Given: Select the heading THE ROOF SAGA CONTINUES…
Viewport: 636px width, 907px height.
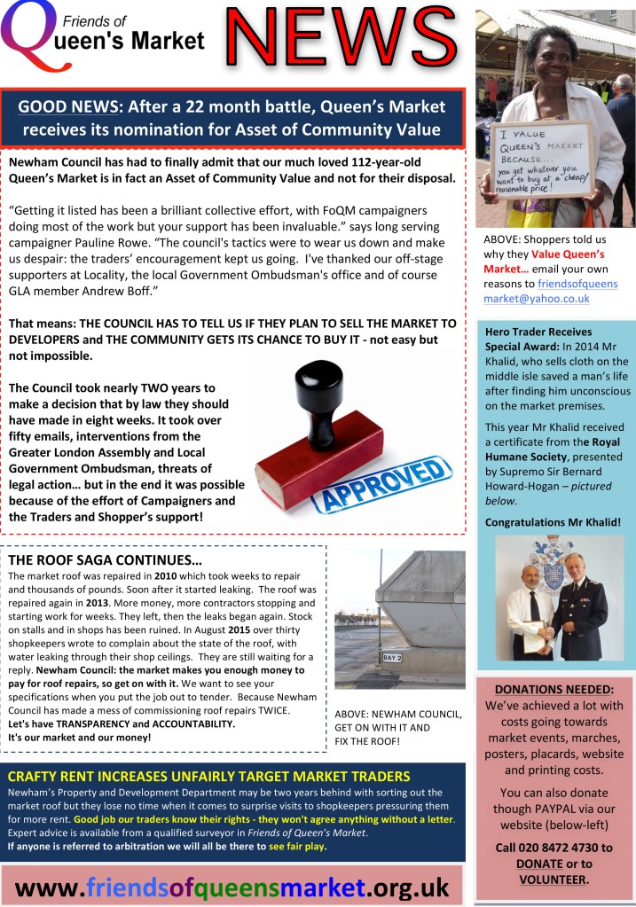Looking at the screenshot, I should [x=105, y=561].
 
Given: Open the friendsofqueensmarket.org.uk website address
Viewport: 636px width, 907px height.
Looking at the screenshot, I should [x=232, y=886].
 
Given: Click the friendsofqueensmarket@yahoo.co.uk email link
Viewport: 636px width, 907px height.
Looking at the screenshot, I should [x=550, y=292].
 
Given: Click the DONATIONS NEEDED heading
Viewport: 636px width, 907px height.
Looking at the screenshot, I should [x=554, y=689].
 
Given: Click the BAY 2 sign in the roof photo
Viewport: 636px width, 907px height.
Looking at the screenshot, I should [x=392, y=657].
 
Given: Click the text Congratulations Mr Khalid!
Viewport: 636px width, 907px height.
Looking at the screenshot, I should [x=553, y=522].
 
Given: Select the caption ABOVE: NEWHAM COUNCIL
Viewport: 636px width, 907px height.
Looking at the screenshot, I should [x=397, y=715].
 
